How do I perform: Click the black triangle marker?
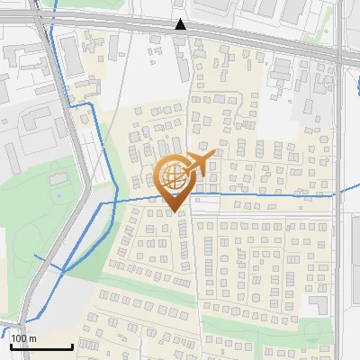(x=181, y=24)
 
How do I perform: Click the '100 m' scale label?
(x=23, y=338)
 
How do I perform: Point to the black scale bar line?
(x=40, y=346)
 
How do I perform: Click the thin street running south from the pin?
(x=193, y=261)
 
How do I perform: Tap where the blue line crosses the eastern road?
(x=338, y=193)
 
